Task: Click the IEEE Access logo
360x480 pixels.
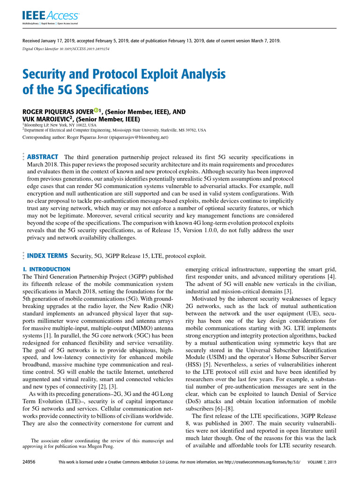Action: pos(51,17)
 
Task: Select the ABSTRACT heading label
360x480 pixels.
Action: pos(43,157)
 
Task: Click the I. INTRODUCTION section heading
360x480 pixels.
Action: pos(46,270)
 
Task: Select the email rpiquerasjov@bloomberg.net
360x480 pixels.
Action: pos(138,138)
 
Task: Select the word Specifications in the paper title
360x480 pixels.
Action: pos(103,89)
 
